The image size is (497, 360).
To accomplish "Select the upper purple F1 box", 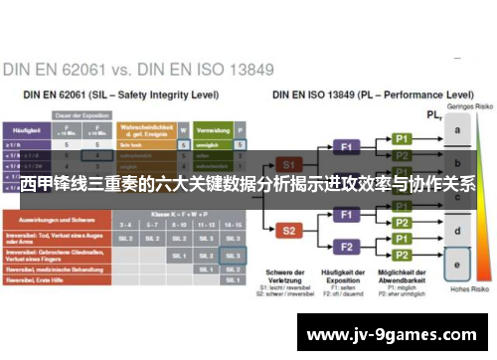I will (348, 145).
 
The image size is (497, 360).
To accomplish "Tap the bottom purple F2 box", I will (348, 246).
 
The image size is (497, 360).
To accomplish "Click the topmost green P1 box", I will (402, 138).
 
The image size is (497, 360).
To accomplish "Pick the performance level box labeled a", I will (456, 130).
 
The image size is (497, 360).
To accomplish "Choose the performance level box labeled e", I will (456, 266).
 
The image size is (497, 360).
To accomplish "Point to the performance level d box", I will (456, 232).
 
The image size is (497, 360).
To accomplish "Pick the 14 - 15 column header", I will (233, 226).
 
